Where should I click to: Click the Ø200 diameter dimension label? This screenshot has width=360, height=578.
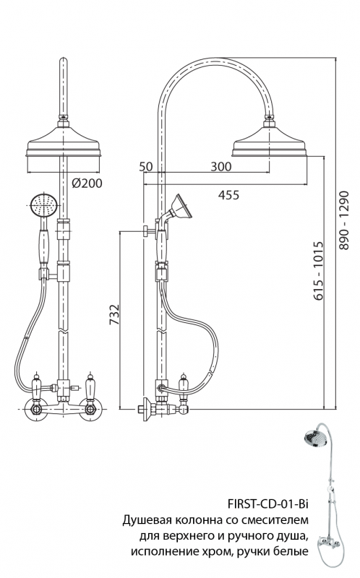point(87,184)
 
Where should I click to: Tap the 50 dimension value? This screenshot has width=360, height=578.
point(146,166)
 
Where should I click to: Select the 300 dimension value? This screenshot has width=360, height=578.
point(221,166)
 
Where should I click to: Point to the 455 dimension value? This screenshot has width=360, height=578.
point(228,194)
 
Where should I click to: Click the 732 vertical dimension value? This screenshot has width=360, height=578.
point(115,314)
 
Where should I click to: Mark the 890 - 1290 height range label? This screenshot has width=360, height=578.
point(344,220)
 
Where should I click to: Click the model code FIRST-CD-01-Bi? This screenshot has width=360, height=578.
point(267,504)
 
